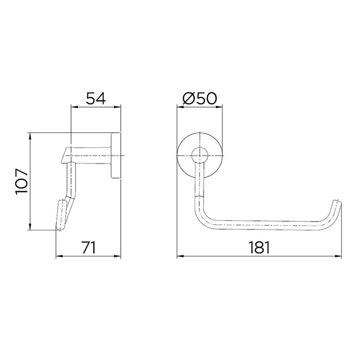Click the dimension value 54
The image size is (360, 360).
pos(96,98)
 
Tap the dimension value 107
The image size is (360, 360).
pos(22,182)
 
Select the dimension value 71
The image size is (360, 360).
pos(89,247)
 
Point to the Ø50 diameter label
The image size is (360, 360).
pos(199,98)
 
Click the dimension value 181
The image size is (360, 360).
pos(260,247)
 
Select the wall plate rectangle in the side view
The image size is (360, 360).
pos(116,155)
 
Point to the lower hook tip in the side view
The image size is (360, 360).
pos(60,228)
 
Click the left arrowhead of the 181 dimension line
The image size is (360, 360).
pos(180,256)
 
